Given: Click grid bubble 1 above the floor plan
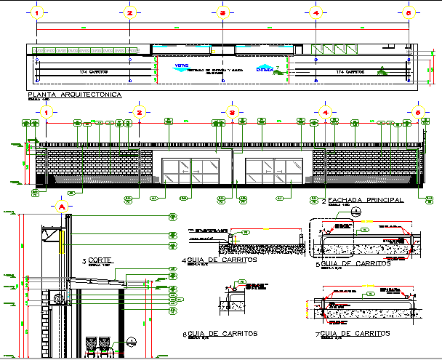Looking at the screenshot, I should [x=38, y=13].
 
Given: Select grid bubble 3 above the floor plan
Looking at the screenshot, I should [x=223, y=13].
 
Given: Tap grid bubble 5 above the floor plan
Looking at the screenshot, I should [x=409, y=13].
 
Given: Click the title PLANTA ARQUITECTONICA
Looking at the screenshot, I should [x=74, y=95].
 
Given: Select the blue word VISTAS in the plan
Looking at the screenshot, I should [x=180, y=65].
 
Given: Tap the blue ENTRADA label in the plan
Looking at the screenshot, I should [x=266, y=70].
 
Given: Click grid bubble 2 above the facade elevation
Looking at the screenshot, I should [x=139, y=113].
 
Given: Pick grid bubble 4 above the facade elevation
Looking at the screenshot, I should [x=325, y=113].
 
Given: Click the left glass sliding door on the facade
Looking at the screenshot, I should [x=188, y=175].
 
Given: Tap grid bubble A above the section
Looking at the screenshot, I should [x=62, y=206].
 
